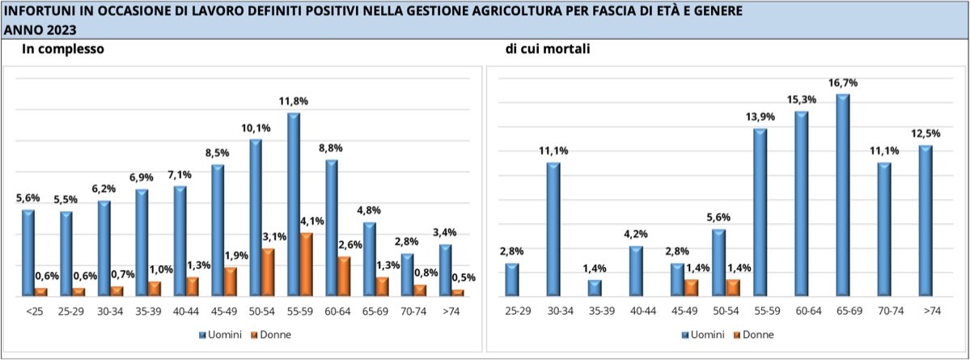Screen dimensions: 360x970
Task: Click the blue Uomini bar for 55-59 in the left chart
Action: (x=294, y=204)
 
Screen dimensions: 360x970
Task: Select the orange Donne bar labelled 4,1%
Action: (x=307, y=264)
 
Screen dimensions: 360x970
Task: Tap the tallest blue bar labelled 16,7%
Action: (x=842, y=195)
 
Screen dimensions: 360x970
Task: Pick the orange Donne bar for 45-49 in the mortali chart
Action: (x=690, y=287)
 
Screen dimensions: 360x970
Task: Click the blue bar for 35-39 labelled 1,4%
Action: (x=595, y=287)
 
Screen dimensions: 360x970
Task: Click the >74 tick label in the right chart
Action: (x=925, y=310)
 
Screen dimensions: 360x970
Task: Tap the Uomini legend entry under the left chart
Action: (x=215, y=333)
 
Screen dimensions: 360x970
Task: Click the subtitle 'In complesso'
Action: (x=63, y=49)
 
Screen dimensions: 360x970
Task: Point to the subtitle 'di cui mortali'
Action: (x=548, y=49)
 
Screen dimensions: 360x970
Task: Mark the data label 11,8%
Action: (x=292, y=100)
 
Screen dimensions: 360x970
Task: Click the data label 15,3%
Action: (x=802, y=99)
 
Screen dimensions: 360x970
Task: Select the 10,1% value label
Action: (x=256, y=127)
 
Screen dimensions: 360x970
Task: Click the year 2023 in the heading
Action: (x=61, y=30)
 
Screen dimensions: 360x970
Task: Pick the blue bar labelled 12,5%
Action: (x=926, y=221)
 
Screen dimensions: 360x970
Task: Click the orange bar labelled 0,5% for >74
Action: (x=459, y=292)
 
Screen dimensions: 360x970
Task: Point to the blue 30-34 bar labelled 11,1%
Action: (x=553, y=229)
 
